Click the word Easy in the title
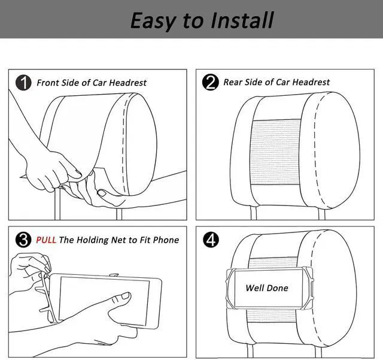tap(154, 20)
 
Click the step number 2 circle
tap(211, 83)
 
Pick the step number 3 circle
tap(23, 240)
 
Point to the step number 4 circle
tap(211, 240)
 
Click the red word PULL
tap(46, 240)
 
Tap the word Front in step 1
tap(48, 83)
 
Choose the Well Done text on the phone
tap(267, 288)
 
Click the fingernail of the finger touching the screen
tap(125, 296)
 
